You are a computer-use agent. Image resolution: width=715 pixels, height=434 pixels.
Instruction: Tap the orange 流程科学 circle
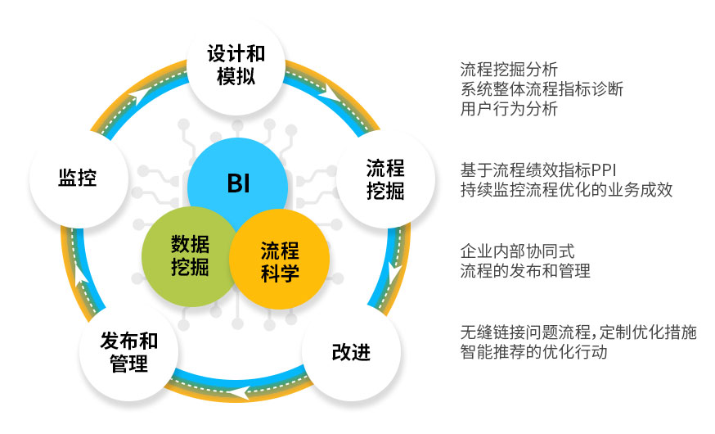point(279,260)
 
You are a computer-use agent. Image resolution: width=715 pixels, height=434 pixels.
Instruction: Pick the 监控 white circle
point(79,178)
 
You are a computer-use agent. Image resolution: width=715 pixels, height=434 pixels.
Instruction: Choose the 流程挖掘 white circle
point(386,179)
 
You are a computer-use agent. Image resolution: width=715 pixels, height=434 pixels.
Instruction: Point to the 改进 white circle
point(351,352)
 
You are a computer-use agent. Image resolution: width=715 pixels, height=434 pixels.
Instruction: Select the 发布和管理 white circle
point(129,352)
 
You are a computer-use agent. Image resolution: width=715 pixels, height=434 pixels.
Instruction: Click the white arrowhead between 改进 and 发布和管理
point(239,392)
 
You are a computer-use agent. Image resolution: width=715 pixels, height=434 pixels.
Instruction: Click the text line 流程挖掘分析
point(509,70)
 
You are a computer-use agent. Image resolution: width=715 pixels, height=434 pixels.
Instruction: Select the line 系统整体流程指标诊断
point(542,89)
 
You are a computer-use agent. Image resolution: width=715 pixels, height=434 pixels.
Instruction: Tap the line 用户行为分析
point(509,109)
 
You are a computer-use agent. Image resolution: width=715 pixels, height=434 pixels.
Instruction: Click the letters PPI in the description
point(605,170)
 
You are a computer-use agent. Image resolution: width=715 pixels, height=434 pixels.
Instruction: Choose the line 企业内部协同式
point(517,251)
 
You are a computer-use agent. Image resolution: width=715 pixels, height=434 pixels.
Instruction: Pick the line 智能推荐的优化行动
point(533,352)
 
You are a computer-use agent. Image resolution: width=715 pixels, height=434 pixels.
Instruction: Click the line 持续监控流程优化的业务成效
point(566,189)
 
